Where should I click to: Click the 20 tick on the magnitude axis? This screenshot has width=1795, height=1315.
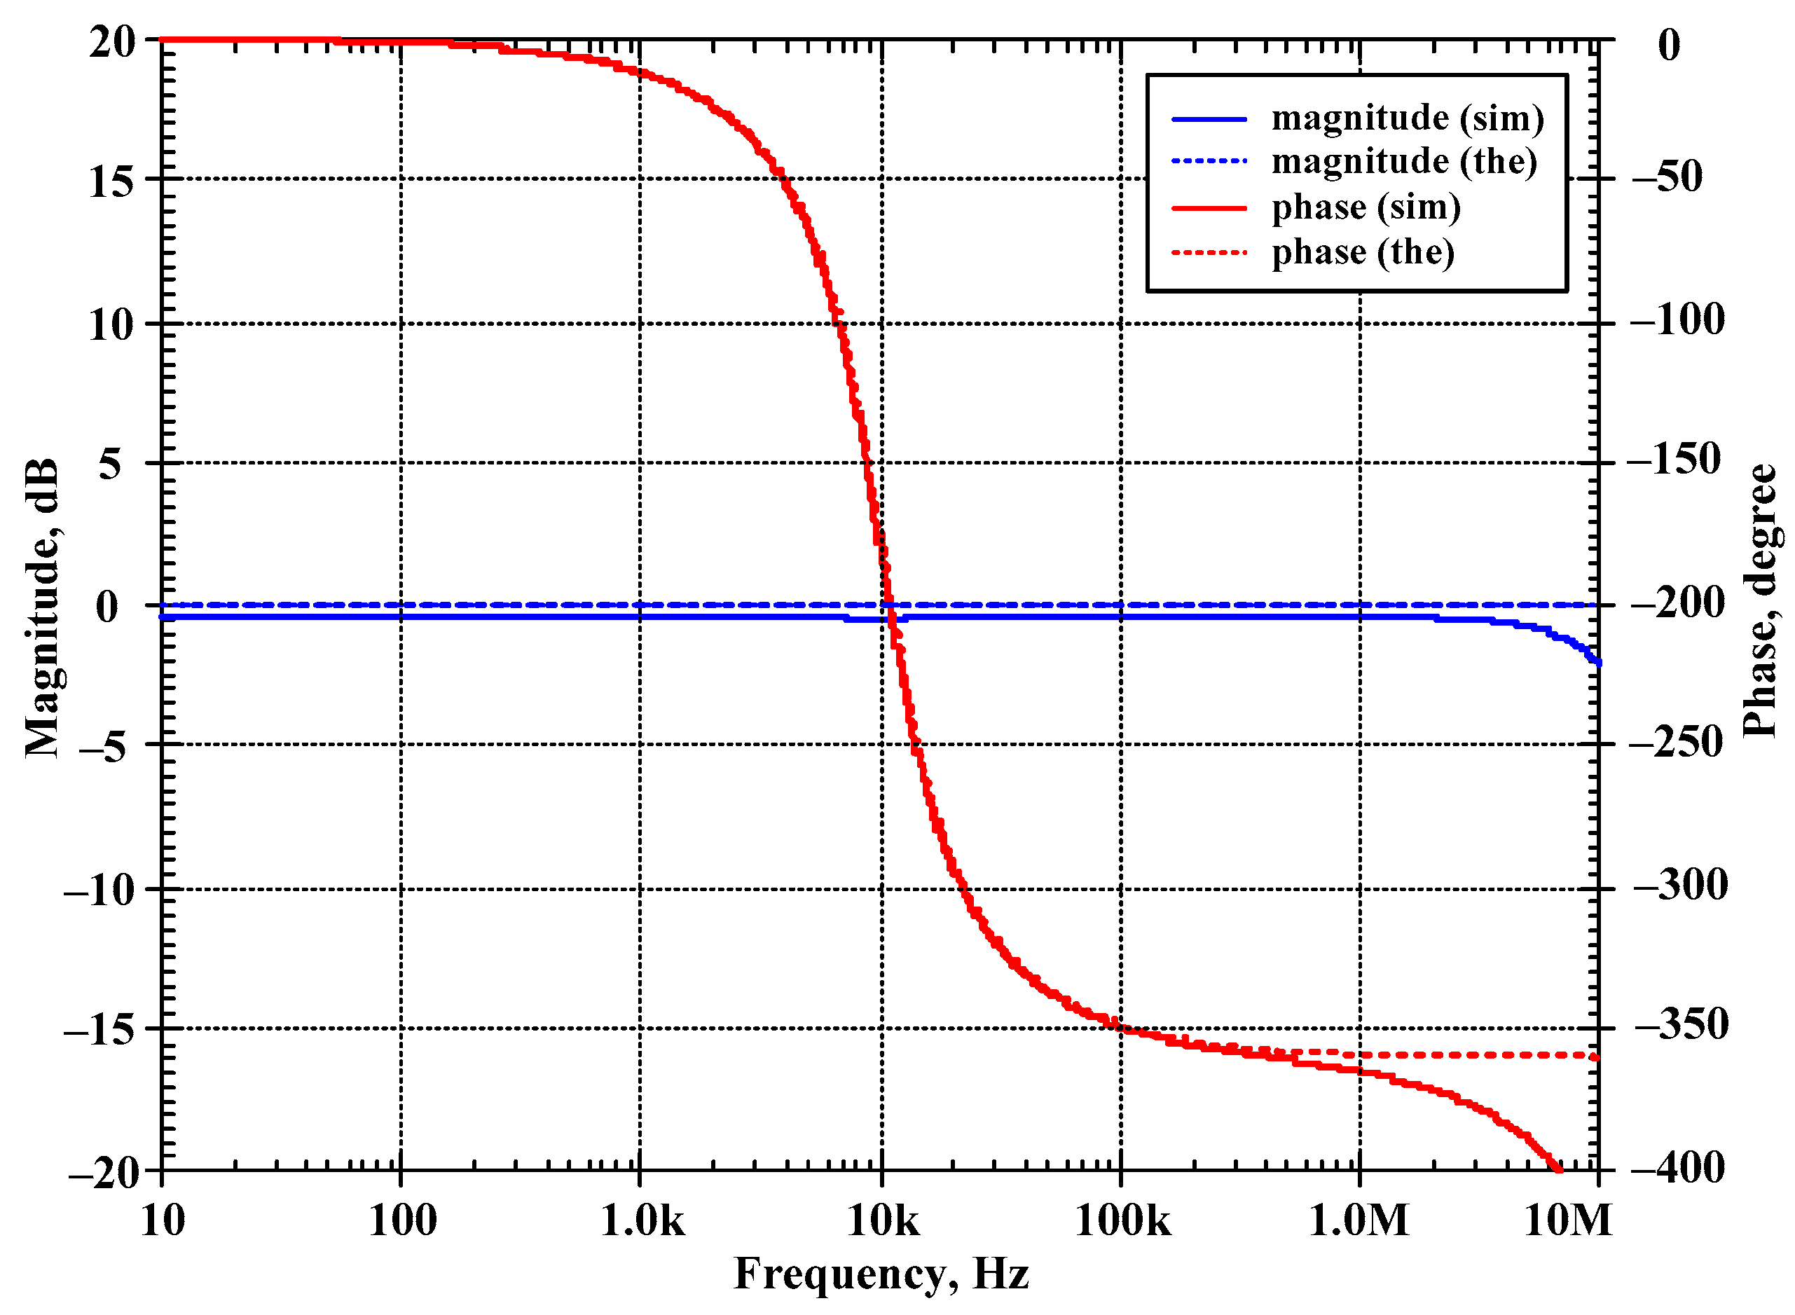(x=112, y=41)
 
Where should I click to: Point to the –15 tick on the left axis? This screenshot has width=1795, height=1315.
(x=99, y=1029)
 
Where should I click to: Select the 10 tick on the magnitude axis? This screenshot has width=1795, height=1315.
(x=111, y=325)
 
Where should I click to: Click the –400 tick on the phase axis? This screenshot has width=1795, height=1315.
(x=1678, y=1168)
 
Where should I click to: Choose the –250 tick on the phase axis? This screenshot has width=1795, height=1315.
(x=1676, y=743)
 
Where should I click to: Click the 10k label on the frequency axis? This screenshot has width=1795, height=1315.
(x=882, y=1220)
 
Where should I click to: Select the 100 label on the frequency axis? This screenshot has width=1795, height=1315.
(x=402, y=1220)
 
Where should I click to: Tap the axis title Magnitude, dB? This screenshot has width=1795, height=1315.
(x=41, y=608)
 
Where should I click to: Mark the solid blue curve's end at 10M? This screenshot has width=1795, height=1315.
(x=1597, y=662)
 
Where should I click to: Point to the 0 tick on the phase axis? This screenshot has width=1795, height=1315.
(x=1669, y=45)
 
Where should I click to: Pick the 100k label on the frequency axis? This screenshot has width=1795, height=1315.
(x=1122, y=1220)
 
